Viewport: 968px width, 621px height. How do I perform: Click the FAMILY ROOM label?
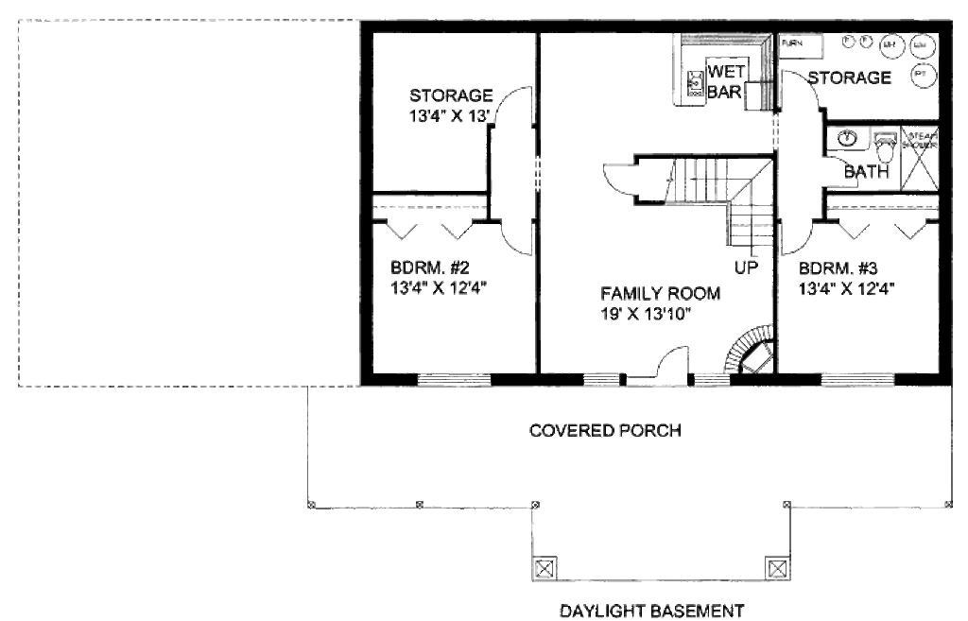click(660, 293)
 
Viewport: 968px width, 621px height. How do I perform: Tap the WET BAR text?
click(727, 83)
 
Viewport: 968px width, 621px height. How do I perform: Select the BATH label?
click(866, 172)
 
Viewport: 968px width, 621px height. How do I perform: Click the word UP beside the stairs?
click(746, 267)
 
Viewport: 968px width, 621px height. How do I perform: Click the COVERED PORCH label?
click(606, 431)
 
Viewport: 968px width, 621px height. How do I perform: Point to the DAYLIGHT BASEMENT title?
click(652, 610)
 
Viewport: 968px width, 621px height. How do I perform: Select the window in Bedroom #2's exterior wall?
click(456, 380)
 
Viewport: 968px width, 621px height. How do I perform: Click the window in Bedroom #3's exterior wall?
click(847, 380)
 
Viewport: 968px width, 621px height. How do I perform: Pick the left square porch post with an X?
click(544, 568)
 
